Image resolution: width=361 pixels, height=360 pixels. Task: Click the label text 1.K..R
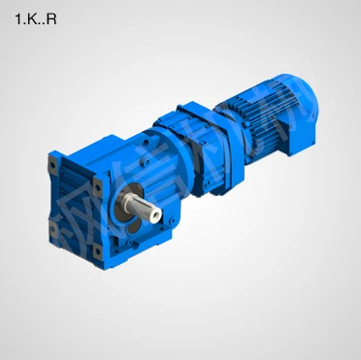36,18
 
